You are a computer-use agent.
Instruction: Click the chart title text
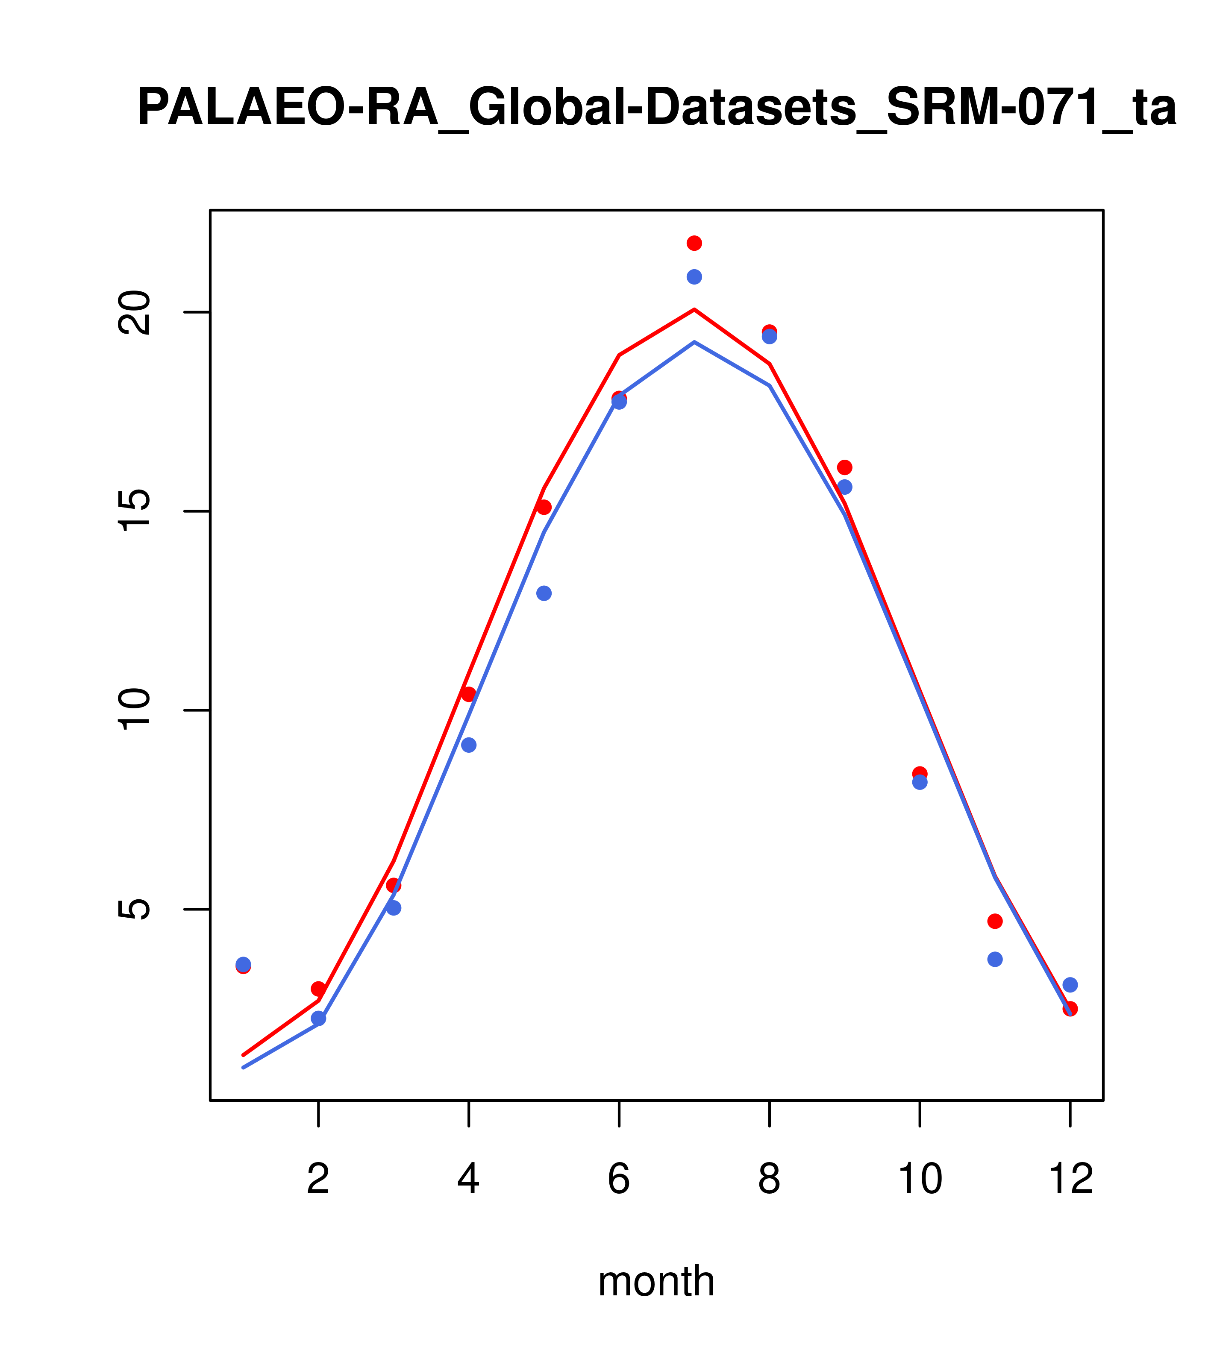[x=656, y=108]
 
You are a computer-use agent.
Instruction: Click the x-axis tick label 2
[x=319, y=1179]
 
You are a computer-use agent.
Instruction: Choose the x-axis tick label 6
[x=619, y=1179]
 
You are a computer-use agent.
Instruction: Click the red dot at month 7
[x=694, y=243]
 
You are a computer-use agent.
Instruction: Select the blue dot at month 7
[x=694, y=276]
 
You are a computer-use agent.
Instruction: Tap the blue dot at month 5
[x=544, y=593]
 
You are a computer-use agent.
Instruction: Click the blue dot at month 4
[x=468, y=745]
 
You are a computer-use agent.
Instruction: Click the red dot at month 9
[x=844, y=467]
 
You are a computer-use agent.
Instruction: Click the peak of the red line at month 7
[x=694, y=309]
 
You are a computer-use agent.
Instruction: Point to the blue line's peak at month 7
[x=694, y=342]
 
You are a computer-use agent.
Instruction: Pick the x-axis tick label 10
[x=920, y=1179]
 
